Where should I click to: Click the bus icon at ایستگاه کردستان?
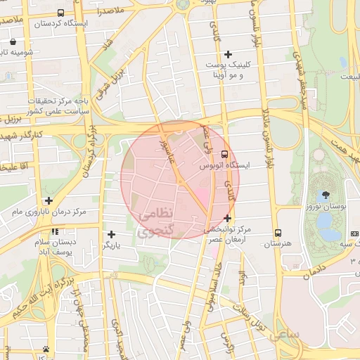click(x=60, y=13)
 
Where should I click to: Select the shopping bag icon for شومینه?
click(x=15, y=41)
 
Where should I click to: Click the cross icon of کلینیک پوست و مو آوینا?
click(x=227, y=54)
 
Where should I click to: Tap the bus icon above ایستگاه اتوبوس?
click(x=224, y=154)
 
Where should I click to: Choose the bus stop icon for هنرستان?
click(x=278, y=233)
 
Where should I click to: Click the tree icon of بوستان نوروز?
click(x=325, y=194)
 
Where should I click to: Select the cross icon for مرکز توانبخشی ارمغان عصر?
click(x=227, y=218)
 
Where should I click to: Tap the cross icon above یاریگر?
click(x=111, y=234)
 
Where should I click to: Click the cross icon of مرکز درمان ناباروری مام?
click(x=49, y=200)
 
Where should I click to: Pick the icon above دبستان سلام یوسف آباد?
click(x=54, y=231)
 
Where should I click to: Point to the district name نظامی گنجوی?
click(x=154, y=222)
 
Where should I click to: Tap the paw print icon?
click(x=46, y=349)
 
